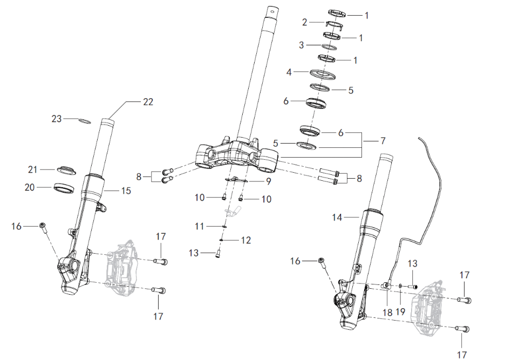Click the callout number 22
tap(148, 102)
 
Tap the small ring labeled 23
tap(85, 121)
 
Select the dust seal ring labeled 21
tap(66, 170)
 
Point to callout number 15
tap(126, 191)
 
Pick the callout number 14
tap(337, 217)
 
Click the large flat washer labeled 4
tap(323, 74)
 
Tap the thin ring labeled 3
tap(329, 47)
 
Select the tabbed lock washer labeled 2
tap(334, 24)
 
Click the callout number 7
tap(383, 141)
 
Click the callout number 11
tap(199, 226)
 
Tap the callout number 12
tap(246, 240)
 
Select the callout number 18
tap(387, 313)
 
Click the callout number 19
tap(400, 311)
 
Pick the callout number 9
tap(268, 181)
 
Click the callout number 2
tap(305, 22)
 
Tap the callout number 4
tap(289, 72)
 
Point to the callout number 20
tap(29, 187)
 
